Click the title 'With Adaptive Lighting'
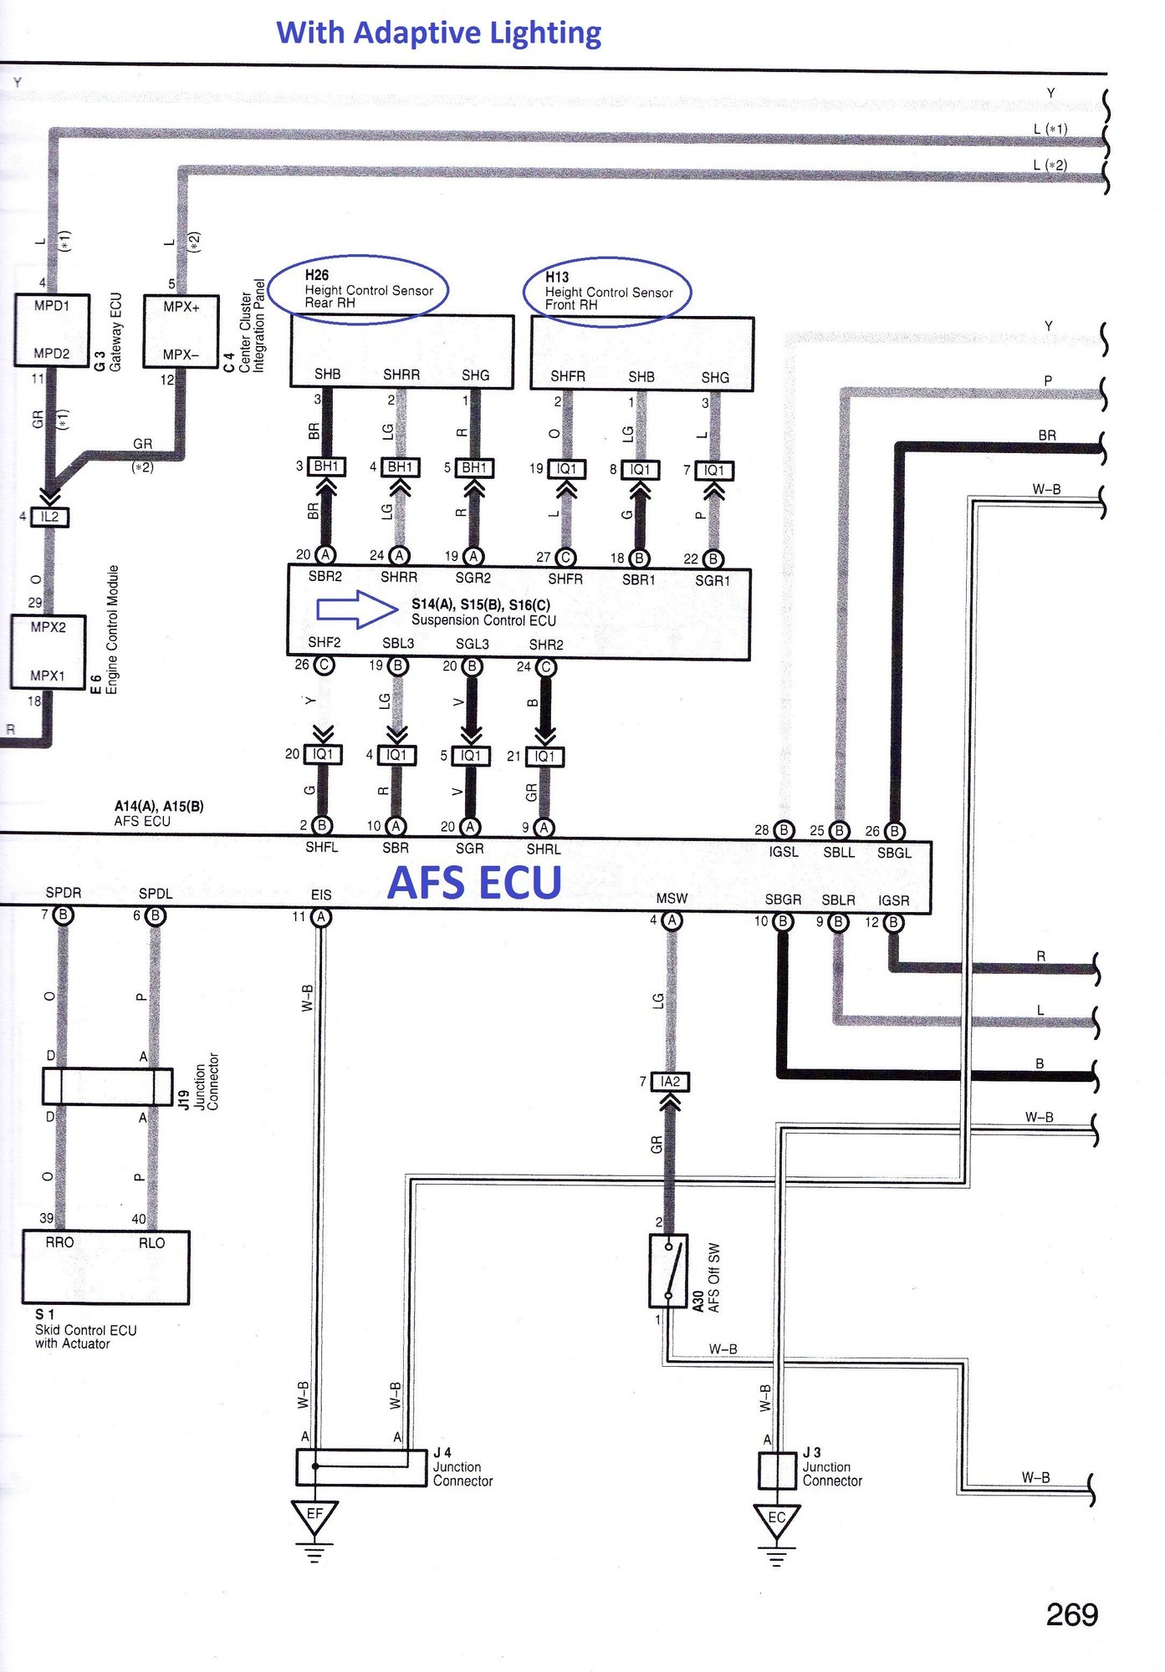(438, 33)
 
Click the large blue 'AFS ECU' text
(474, 883)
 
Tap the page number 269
(1071, 1614)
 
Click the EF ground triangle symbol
(314, 1516)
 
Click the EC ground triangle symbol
(777, 1520)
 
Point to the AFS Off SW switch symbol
(668, 1271)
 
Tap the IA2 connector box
(670, 1082)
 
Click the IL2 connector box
(50, 517)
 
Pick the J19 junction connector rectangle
(108, 1086)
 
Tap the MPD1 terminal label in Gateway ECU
(52, 306)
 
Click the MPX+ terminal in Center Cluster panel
(181, 307)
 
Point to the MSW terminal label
(672, 898)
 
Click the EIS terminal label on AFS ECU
(321, 895)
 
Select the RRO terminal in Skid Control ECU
(59, 1242)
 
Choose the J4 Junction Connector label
(462, 1467)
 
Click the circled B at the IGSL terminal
(784, 830)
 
